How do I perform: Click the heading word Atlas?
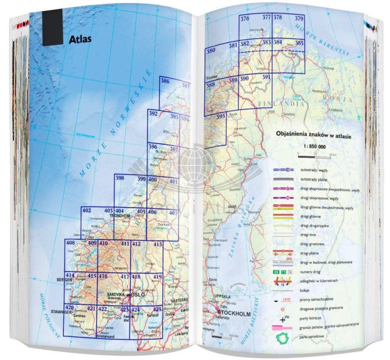pos(80,38)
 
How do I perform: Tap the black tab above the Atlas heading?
pos(52,29)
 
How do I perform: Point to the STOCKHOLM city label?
pos(233,314)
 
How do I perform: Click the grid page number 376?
pos(245,19)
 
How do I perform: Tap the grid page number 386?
pos(165,81)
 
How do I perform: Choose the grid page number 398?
pos(120,178)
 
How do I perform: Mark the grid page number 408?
pos(70,243)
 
